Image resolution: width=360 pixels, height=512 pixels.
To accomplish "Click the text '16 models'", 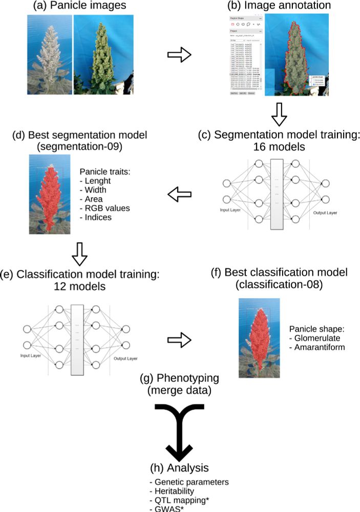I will [279, 147].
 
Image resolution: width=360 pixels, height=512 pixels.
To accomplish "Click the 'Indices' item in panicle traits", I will [97, 217].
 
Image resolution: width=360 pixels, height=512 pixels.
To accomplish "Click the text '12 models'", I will [80, 287].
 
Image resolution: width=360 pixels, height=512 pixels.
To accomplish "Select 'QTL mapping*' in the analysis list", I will [175, 499].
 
